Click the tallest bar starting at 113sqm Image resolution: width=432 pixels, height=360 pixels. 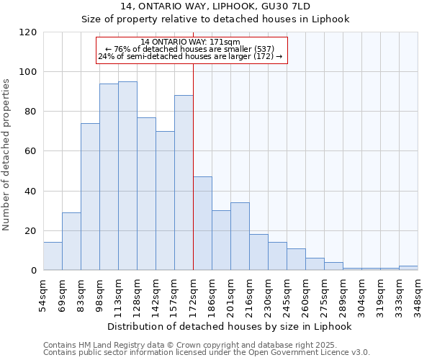pos(127,176)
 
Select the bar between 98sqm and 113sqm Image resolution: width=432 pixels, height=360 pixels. pos(109,176)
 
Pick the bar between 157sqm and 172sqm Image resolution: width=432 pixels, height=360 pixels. pos(184,183)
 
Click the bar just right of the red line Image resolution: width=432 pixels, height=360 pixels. pos(202,223)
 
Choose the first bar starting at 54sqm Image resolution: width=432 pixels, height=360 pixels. pos(53,256)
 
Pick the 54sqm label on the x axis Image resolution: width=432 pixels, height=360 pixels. pos(43,294)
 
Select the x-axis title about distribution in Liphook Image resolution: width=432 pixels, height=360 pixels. pos(230,326)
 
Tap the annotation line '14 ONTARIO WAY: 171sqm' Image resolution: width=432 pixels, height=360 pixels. pos(191,42)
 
